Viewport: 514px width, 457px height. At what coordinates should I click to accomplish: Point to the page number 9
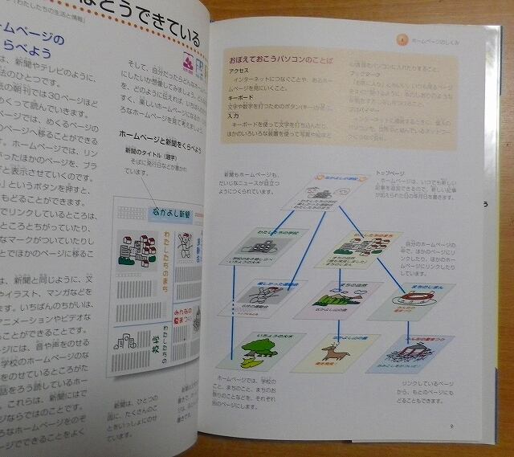click(x=452, y=427)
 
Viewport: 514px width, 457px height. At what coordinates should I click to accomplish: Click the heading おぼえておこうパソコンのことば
click(x=277, y=61)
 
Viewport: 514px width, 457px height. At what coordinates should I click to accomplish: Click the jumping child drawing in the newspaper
click(x=185, y=243)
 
